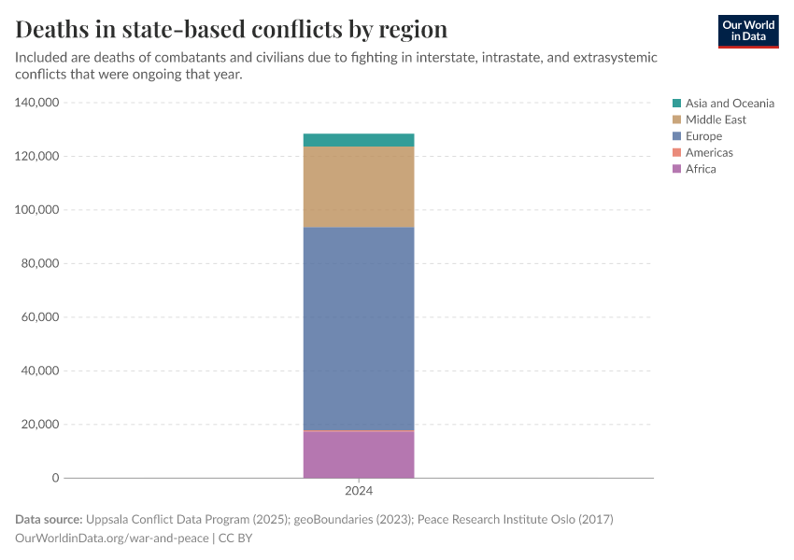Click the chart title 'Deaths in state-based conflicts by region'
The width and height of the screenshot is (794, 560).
[x=231, y=29]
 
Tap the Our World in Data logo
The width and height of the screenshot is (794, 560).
[x=747, y=31]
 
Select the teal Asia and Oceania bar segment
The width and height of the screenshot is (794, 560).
[x=359, y=140]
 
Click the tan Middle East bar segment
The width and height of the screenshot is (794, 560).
[x=359, y=187]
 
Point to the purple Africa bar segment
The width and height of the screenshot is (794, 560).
[x=359, y=455]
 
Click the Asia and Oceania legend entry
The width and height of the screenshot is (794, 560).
[x=729, y=104]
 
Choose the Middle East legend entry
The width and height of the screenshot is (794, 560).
[x=715, y=119]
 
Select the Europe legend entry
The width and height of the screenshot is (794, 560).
[x=702, y=136]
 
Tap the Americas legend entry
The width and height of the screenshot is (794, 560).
[x=708, y=152]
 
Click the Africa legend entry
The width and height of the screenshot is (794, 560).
[x=700, y=169]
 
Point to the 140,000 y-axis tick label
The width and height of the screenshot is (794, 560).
[x=37, y=103]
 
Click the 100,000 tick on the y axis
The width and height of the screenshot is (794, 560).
[x=37, y=210]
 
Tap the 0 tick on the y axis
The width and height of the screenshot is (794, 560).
[x=55, y=478]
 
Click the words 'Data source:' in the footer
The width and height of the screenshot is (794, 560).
[x=49, y=519]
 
